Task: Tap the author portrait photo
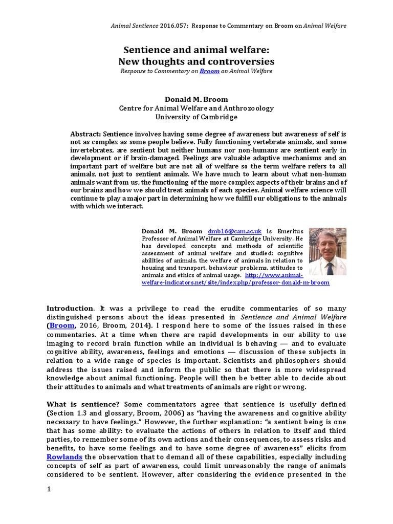tap(327, 252)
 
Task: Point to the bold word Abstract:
tap(84, 134)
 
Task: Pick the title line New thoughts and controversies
tap(196, 61)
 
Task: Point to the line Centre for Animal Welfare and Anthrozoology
tap(196, 108)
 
